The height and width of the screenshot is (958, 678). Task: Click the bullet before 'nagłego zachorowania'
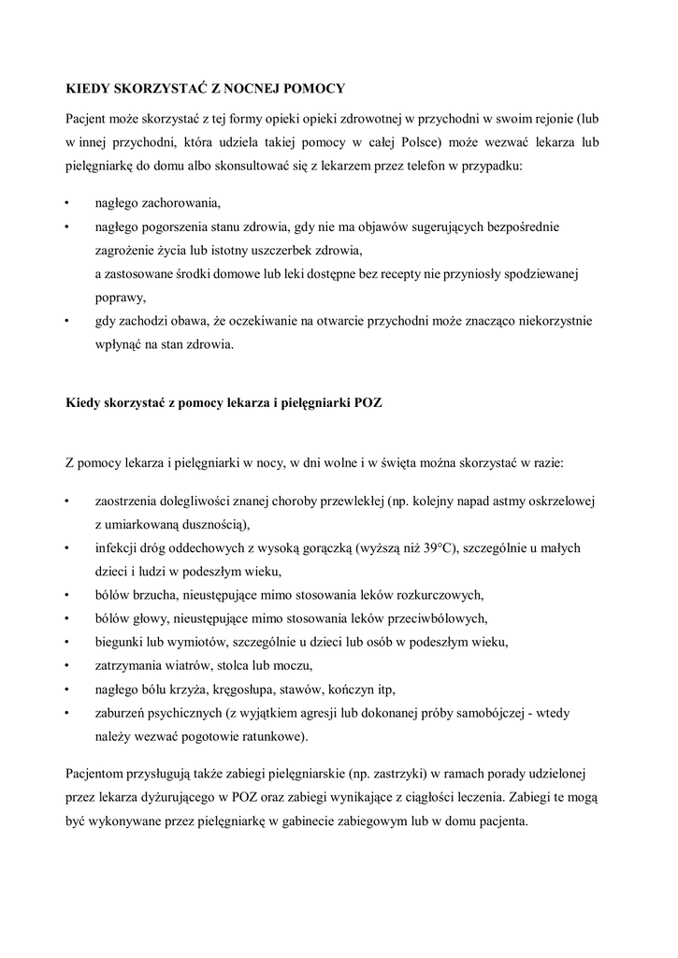tap(67, 203)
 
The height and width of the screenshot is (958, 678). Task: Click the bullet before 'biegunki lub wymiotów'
tap(67, 642)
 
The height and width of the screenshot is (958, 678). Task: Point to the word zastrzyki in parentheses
tap(397, 776)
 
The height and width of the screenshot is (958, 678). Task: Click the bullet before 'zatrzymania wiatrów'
tap(67, 665)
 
